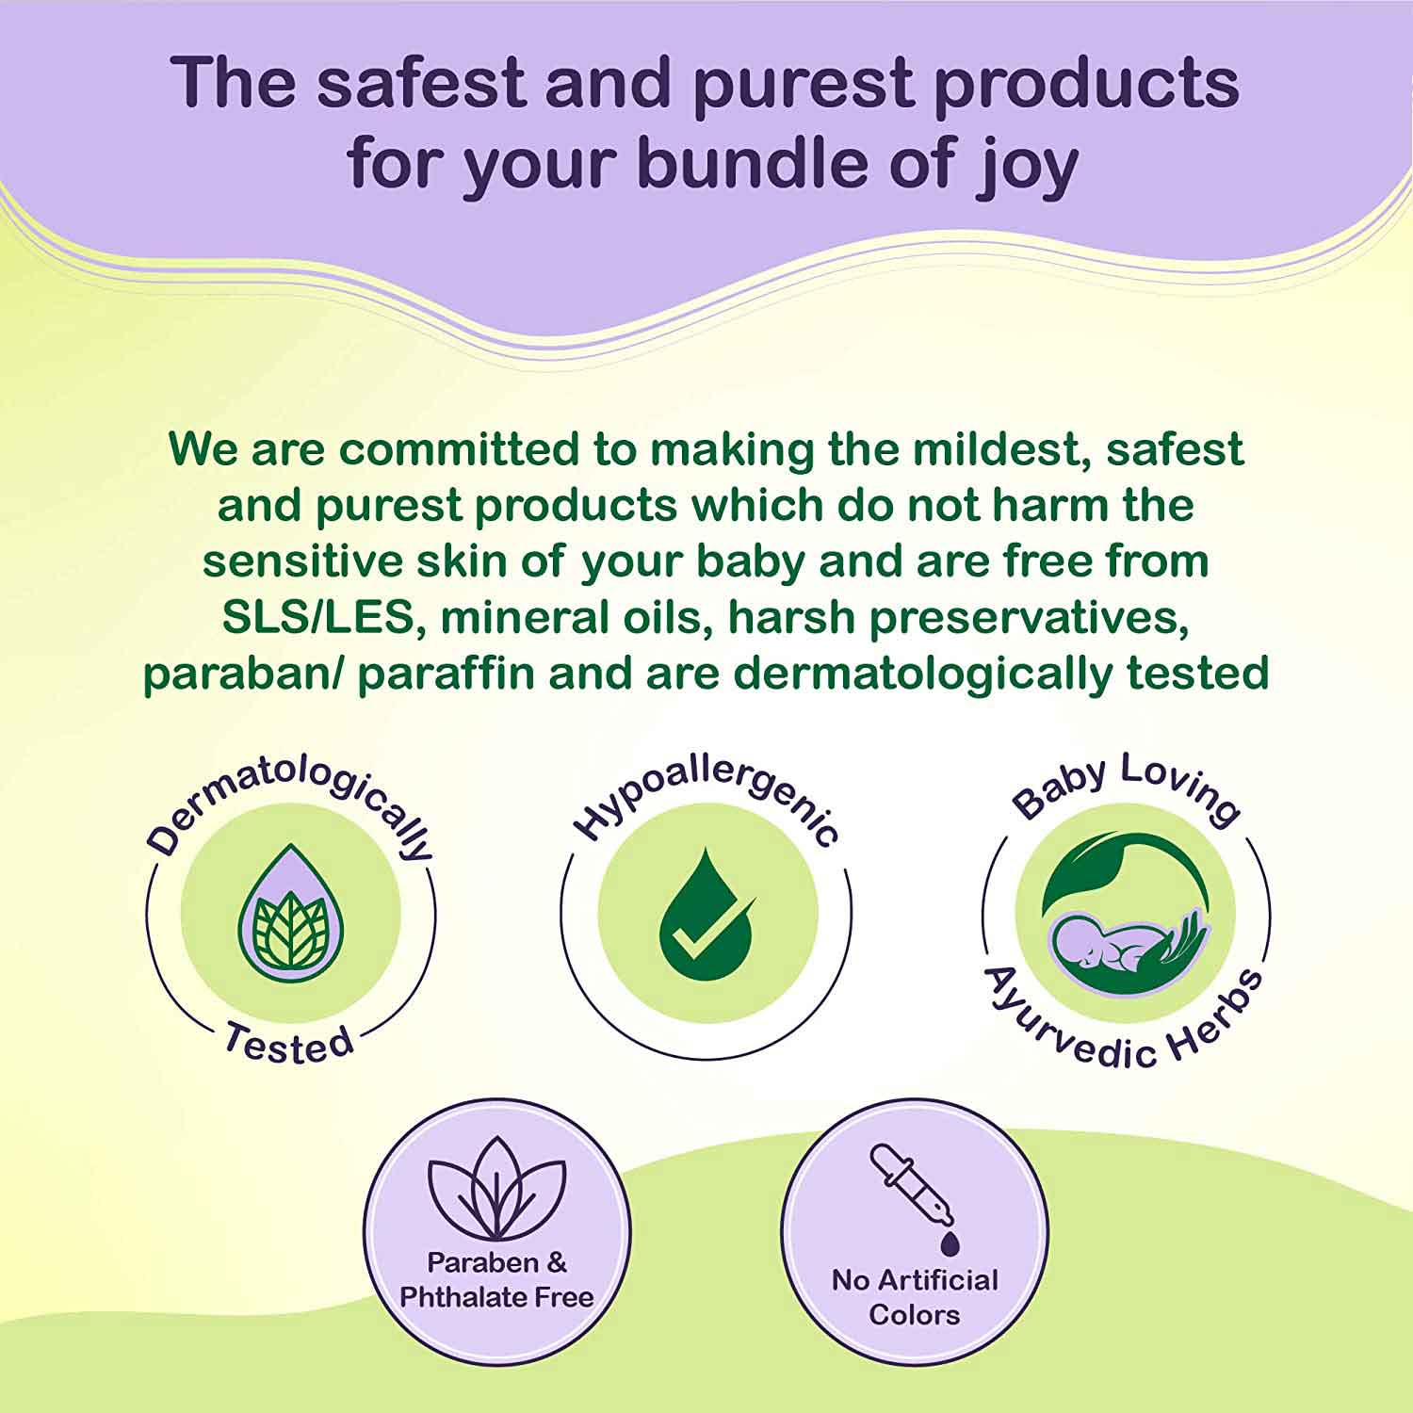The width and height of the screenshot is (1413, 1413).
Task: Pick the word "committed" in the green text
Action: pyautogui.click(x=460, y=449)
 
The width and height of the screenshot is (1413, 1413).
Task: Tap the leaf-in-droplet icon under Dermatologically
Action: pyautogui.click(x=291, y=914)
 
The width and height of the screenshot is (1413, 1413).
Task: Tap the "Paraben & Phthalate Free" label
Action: pyautogui.click(x=496, y=1279)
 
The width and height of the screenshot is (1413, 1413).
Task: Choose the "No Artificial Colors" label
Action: pyautogui.click(x=915, y=1297)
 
